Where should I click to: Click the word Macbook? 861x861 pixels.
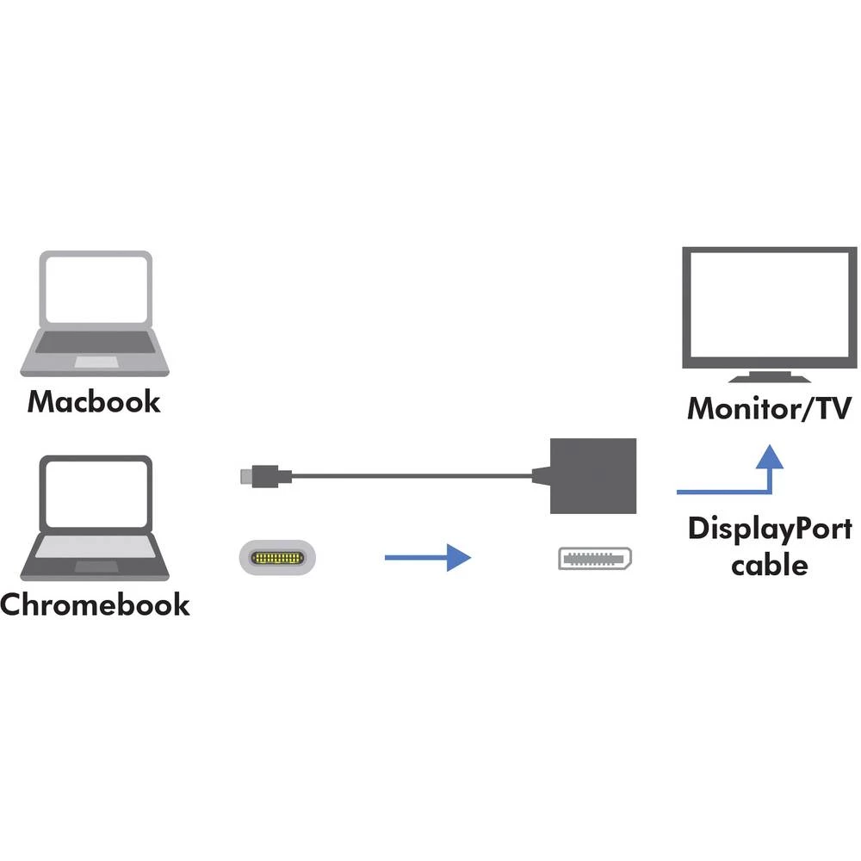pyautogui.click(x=94, y=401)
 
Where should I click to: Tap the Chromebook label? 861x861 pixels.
pyautogui.click(x=95, y=604)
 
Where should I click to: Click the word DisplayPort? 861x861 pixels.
pyautogui.click(x=769, y=528)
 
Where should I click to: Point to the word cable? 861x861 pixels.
pyautogui.click(x=769, y=566)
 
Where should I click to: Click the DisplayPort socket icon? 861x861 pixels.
pyautogui.click(x=596, y=559)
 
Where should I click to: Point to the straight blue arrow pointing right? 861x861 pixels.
pyautogui.click(x=427, y=559)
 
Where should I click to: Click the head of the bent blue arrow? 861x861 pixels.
pyautogui.click(x=769, y=456)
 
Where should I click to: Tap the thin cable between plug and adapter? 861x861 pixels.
pyautogui.click(x=413, y=474)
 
